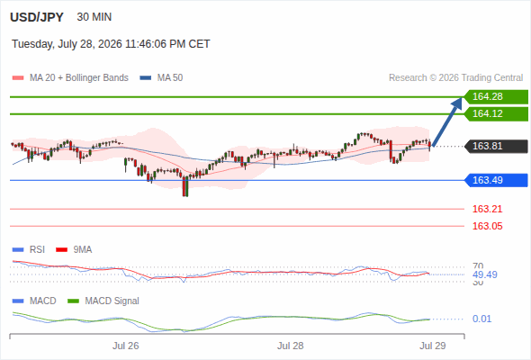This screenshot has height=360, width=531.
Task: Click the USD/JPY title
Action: tap(37, 17)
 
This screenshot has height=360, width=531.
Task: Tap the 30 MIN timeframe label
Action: tap(94, 17)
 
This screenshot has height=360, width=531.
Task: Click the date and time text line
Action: tap(111, 44)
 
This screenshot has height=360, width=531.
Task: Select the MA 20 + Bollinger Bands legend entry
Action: tap(70, 78)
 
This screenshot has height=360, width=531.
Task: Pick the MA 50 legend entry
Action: tap(161, 78)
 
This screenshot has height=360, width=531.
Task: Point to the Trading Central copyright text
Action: tap(455, 78)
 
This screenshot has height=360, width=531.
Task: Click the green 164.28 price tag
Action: tap(496, 97)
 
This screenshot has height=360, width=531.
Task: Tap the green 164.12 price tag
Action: tap(496, 113)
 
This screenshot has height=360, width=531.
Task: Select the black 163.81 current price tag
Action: tap(496, 147)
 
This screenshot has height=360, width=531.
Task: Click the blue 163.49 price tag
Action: tap(496, 180)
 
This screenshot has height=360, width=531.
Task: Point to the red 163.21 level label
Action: tap(487, 209)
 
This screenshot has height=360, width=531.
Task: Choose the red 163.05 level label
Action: tap(487, 226)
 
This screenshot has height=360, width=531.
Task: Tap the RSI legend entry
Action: tap(29, 250)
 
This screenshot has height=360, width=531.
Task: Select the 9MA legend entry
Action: tap(74, 250)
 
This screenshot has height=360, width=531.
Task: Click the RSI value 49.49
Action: tap(485, 274)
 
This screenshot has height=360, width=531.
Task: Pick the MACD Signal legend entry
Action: tap(103, 301)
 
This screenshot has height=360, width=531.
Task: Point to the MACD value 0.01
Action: tap(481, 319)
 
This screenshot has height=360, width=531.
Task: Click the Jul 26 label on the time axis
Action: tap(126, 346)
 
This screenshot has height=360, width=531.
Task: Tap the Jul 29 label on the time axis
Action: tap(433, 346)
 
